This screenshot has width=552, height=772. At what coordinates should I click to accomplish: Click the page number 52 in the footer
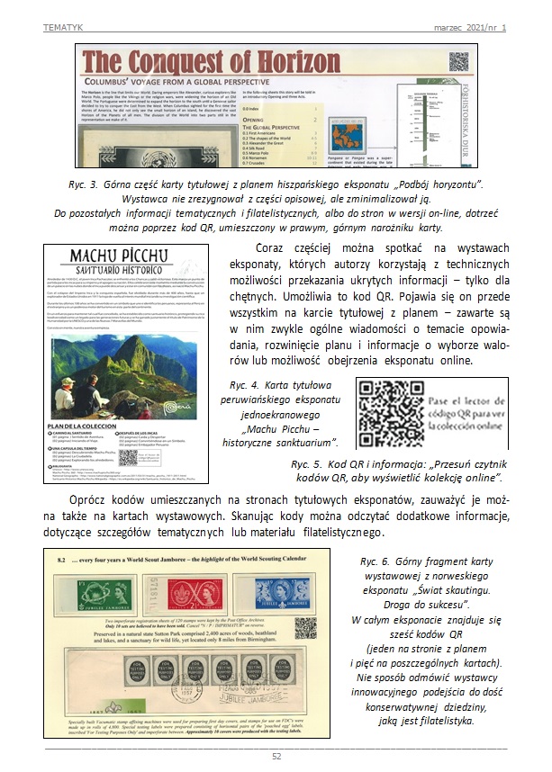276,756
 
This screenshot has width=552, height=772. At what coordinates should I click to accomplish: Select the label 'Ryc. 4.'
249,385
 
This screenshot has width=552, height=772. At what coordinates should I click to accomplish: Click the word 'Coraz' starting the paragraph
274,247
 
